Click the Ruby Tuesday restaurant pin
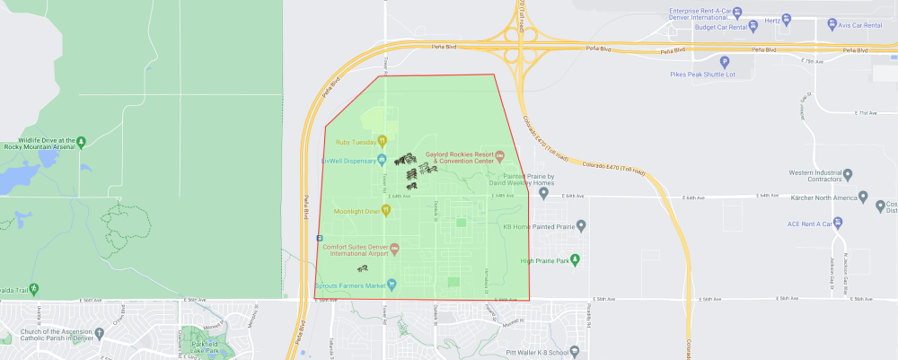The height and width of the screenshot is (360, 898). (382, 140)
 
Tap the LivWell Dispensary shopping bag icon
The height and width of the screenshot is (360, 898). (382, 161)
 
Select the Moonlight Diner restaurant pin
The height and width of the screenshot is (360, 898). (386, 210)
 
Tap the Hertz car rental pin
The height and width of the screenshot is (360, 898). (787, 19)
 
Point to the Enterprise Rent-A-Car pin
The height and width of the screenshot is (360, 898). (736, 13)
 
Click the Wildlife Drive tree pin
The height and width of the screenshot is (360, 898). (82, 141)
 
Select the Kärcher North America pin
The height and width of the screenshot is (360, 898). (863, 197)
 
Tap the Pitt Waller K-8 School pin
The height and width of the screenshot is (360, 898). (574, 349)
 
